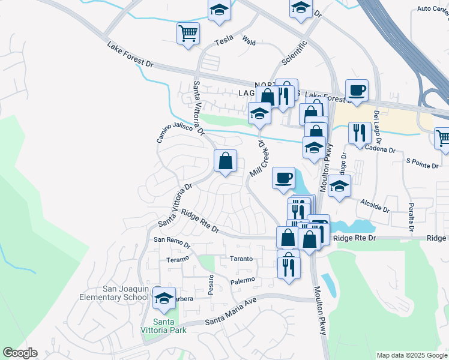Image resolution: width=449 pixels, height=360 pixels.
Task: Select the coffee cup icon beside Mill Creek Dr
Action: (x=283, y=178)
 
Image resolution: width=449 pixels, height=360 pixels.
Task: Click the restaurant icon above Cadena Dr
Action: (x=360, y=133)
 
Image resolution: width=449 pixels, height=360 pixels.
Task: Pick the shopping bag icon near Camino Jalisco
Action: (x=225, y=161)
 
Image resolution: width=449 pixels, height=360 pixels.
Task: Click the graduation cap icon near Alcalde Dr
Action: (x=339, y=186)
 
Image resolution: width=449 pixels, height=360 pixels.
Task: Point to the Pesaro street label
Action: (x=211, y=289)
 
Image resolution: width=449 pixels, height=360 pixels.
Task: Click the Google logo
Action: (x=20, y=353)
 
